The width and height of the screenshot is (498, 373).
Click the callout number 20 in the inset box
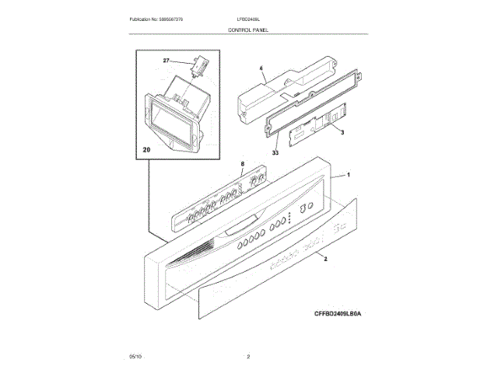point(147,149)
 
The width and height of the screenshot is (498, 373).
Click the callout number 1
point(349,176)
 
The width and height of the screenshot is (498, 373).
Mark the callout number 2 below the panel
point(325,258)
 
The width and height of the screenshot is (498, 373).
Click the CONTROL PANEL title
point(248,28)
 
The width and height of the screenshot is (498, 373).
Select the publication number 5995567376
point(161,17)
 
